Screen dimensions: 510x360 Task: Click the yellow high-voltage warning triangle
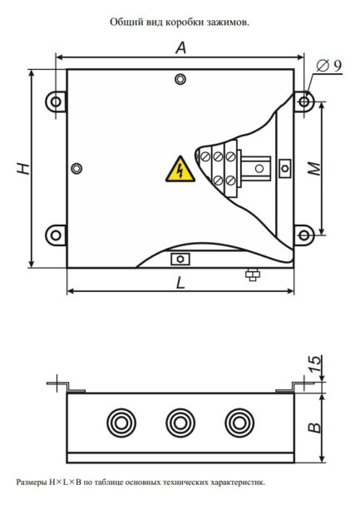(x=176, y=169)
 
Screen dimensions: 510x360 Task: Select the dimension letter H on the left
(x=24, y=169)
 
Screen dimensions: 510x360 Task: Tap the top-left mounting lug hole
(x=56, y=102)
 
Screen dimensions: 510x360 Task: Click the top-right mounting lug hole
(x=304, y=102)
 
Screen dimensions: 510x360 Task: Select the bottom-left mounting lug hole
(x=56, y=234)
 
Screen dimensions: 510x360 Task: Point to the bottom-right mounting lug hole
(x=304, y=234)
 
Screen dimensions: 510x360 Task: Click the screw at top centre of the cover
(x=180, y=80)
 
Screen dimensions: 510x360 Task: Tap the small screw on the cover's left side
(x=77, y=168)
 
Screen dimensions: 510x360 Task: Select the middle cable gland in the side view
(x=180, y=422)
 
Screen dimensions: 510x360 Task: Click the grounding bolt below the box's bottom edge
(x=250, y=274)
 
